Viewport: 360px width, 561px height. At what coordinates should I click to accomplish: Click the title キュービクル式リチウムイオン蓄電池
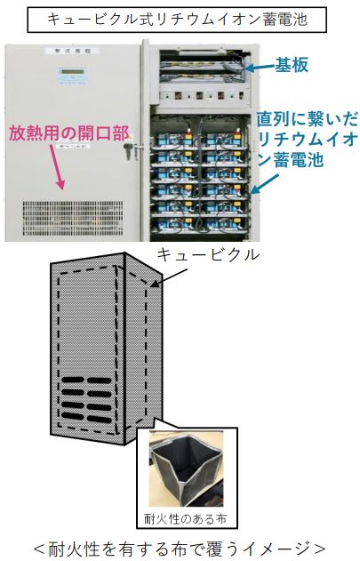[x=177, y=19]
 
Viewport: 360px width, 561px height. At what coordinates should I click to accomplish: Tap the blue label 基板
[x=292, y=65]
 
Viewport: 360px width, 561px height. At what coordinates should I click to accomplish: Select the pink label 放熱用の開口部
[x=68, y=133]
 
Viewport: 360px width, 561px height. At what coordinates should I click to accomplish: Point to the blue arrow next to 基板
[x=260, y=67]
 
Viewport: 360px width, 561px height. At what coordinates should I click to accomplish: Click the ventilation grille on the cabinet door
[x=73, y=218]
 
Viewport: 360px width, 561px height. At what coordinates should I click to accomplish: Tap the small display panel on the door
[x=73, y=76]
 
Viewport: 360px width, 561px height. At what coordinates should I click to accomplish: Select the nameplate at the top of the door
[x=72, y=51]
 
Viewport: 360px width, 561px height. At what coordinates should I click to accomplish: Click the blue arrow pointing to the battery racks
[x=265, y=183]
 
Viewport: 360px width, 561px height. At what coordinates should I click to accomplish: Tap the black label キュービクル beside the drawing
[x=208, y=255]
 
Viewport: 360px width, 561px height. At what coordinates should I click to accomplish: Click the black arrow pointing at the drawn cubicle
[x=168, y=278]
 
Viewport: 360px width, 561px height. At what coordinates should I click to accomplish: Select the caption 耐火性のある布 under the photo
[x=185, y=518]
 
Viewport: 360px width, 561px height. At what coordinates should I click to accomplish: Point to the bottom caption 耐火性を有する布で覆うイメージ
[x=180, y=548]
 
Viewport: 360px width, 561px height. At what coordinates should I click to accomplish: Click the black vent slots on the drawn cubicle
[x=87, y=399]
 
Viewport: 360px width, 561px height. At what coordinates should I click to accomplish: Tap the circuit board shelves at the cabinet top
[x=204, y=66]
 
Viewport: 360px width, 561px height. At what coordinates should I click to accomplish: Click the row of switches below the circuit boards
[x=202, y=95]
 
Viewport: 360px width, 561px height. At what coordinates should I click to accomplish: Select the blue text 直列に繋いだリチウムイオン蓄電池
[x=307, y=140]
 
